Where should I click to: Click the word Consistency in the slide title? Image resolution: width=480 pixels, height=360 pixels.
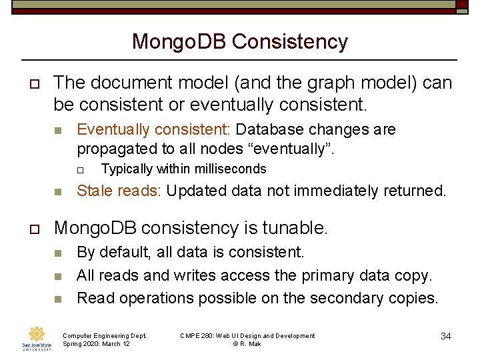coord(290,42)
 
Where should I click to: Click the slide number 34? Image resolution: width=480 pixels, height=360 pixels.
coord(446,336)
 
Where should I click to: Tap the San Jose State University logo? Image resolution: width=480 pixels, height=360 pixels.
coord(37,339)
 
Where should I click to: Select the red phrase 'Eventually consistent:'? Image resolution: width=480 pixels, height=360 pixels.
coord(155,129)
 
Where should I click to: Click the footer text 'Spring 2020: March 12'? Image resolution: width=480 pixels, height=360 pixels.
coord(95,344)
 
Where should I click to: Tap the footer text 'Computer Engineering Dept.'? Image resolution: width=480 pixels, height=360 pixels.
coord(105,336)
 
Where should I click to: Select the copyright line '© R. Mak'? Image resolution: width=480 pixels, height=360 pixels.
coord(247,344)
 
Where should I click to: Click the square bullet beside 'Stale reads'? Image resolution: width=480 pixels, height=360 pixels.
coord(58,192)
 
